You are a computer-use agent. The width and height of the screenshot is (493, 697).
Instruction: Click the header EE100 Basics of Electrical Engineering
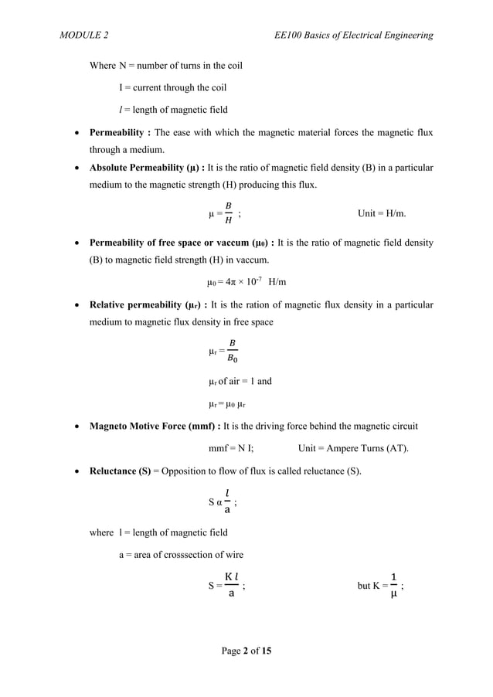348,36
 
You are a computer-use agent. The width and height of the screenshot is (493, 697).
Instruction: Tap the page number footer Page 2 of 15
246,651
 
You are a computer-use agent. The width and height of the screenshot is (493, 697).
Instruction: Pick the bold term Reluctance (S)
120,471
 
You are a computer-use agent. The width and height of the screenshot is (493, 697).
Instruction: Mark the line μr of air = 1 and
240,381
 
